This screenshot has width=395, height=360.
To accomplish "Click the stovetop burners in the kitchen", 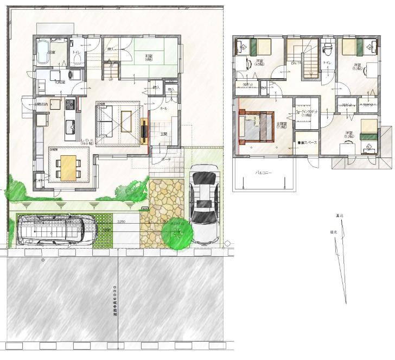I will tap(70, 103).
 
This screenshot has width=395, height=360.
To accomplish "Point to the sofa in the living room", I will tap(104, 119).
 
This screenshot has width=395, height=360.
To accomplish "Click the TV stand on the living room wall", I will tap(144, 130).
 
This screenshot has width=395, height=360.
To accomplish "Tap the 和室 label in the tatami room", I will tap(148, 56).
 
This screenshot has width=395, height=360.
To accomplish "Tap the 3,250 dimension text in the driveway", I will tap(122, 222).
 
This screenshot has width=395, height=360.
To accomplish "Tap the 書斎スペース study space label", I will tap(307, 142).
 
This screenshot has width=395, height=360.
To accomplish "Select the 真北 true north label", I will tap(340, 216).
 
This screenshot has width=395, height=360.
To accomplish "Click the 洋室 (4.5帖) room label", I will tap(259, 62).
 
